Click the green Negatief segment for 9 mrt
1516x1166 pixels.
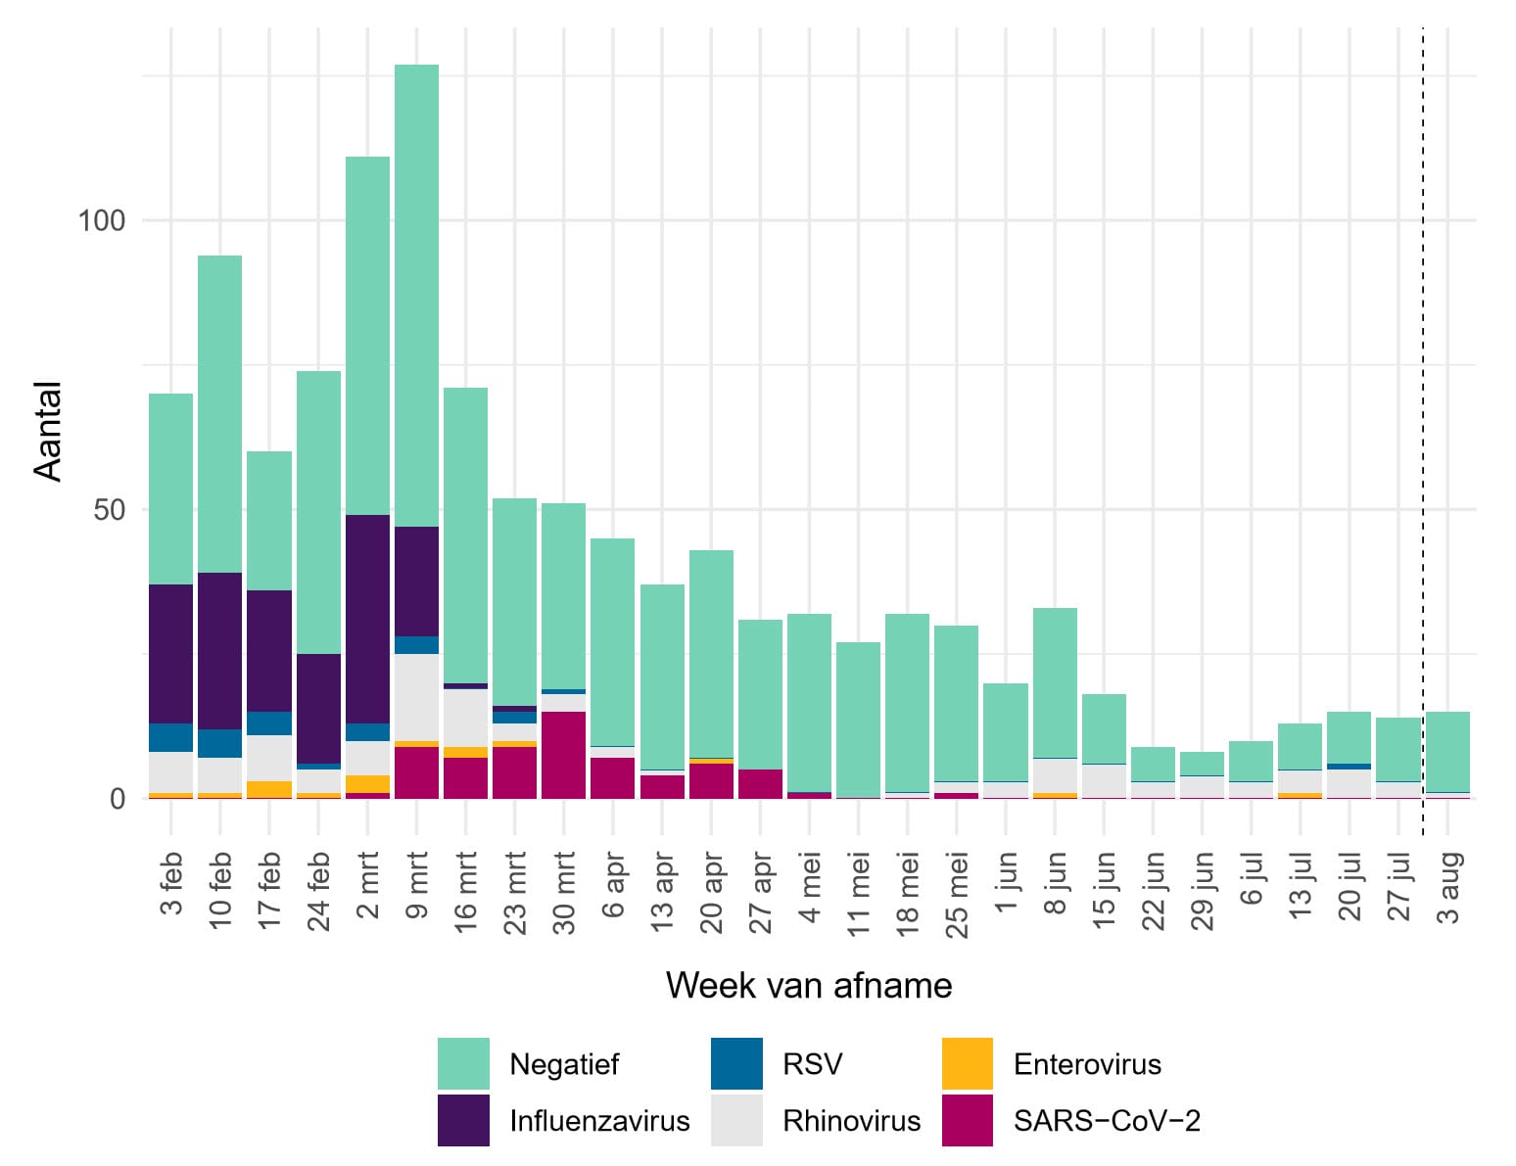point(416,294)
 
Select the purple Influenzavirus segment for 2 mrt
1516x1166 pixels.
point(367,617)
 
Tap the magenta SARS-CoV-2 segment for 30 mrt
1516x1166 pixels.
point(563,754)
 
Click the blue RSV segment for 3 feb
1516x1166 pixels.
point(170,737)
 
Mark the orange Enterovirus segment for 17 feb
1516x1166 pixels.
point(269,789)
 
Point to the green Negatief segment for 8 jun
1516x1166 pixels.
point(1055,682)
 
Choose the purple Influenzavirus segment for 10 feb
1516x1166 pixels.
point(219,650)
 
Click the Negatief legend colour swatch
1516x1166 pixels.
point(463,1063)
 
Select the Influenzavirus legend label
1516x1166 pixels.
point(599,1121)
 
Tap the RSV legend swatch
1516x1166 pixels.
point(736,1063)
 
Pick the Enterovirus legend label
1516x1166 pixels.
point(1087,1064)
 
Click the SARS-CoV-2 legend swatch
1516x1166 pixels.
point(967,1120)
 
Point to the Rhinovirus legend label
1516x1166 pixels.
point(851,1121)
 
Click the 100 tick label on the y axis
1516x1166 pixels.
point(102,220)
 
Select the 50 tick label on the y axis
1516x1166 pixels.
point(110,510)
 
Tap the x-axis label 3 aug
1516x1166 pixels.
point(1449,888)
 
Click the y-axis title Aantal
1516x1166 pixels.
point(48,431)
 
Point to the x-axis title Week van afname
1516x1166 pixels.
point(809,985)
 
